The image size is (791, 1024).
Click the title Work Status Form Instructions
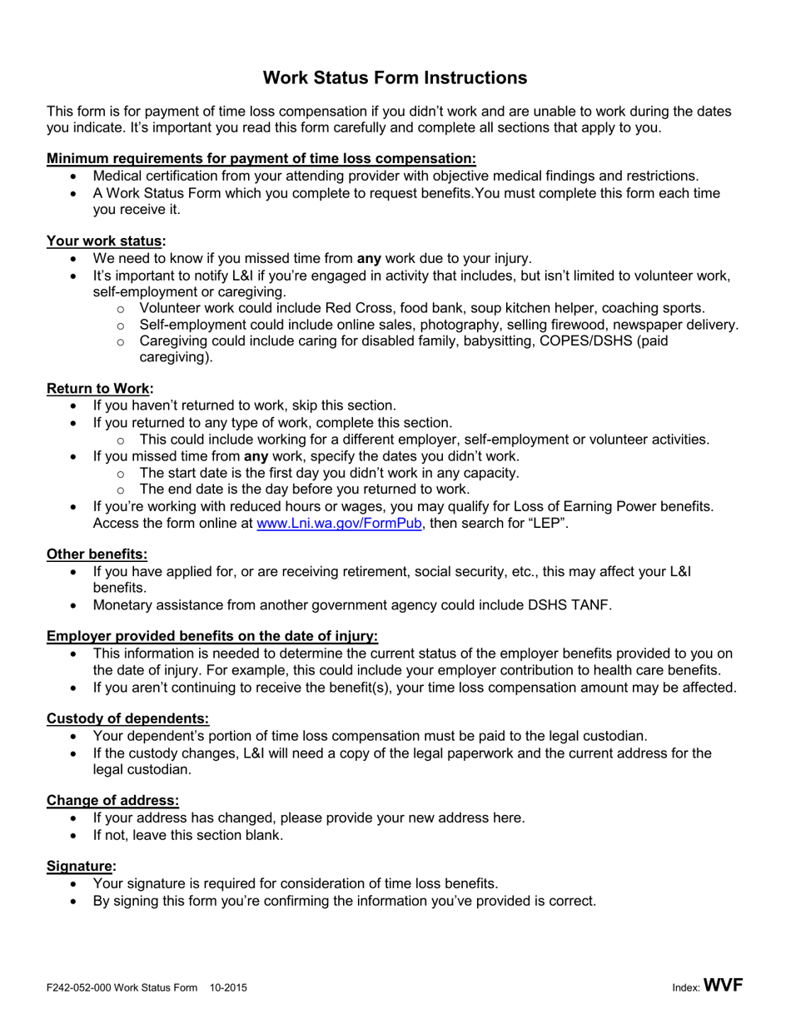pos(395,77)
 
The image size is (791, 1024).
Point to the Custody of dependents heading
pos(127,718)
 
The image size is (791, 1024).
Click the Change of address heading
pos(112,800)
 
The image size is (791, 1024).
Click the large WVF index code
pos(723,986)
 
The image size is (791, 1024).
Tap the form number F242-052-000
pos(80,988)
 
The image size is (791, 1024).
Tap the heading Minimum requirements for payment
pos(261,158)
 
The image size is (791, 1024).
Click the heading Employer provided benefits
pos(211,637)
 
